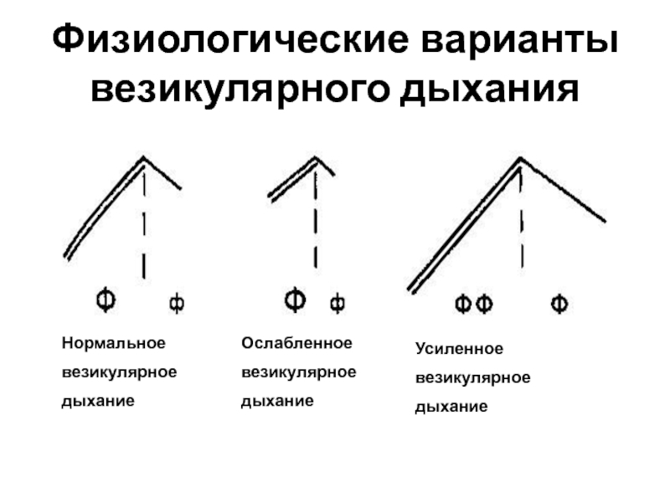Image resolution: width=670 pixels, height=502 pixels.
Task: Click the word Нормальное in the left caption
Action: (x=113, y=343)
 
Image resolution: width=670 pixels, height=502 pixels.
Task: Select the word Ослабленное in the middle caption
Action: (x=296, y=343)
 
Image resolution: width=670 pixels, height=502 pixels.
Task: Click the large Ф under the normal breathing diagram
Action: (x=105, y=299)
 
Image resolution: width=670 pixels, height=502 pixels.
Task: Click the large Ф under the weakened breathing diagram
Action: (x=295, y=299)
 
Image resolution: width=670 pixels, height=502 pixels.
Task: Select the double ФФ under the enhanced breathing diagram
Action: (x=473, y=305)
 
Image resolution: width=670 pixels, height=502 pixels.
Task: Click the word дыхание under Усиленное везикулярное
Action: (x=451, y=407)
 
